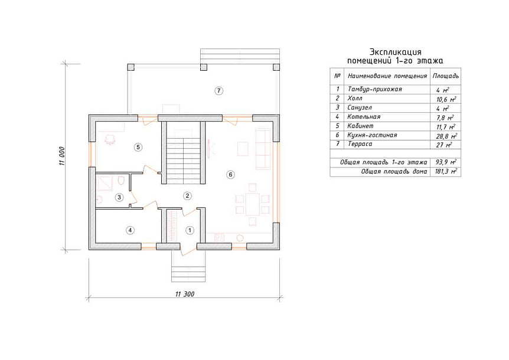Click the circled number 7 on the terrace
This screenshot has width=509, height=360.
(219, 90)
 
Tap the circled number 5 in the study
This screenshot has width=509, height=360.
(138, 147)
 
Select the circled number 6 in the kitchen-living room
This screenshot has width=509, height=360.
(230, 175)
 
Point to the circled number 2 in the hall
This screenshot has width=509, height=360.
(187, 195)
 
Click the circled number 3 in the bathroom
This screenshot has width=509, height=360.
(119, 197)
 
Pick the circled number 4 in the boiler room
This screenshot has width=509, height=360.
(130, 230)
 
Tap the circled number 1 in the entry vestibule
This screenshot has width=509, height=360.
(190, 230)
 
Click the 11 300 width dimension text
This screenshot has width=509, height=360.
(185, 294)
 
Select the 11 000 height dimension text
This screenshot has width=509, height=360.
(62, 156)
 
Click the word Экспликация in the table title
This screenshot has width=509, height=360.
(396, 52)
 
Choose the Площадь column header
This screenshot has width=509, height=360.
(445, 76)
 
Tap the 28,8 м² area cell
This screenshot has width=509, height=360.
(446, 136)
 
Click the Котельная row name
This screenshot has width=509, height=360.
(364, 117)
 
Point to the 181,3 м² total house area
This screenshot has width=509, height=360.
(446, 171)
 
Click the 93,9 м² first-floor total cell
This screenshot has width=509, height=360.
(446, 162)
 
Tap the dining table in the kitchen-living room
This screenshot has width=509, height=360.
(253, 204)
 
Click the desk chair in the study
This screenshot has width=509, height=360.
(110, 139)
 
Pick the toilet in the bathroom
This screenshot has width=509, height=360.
(121, 181)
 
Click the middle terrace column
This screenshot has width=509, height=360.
(204, 67)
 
